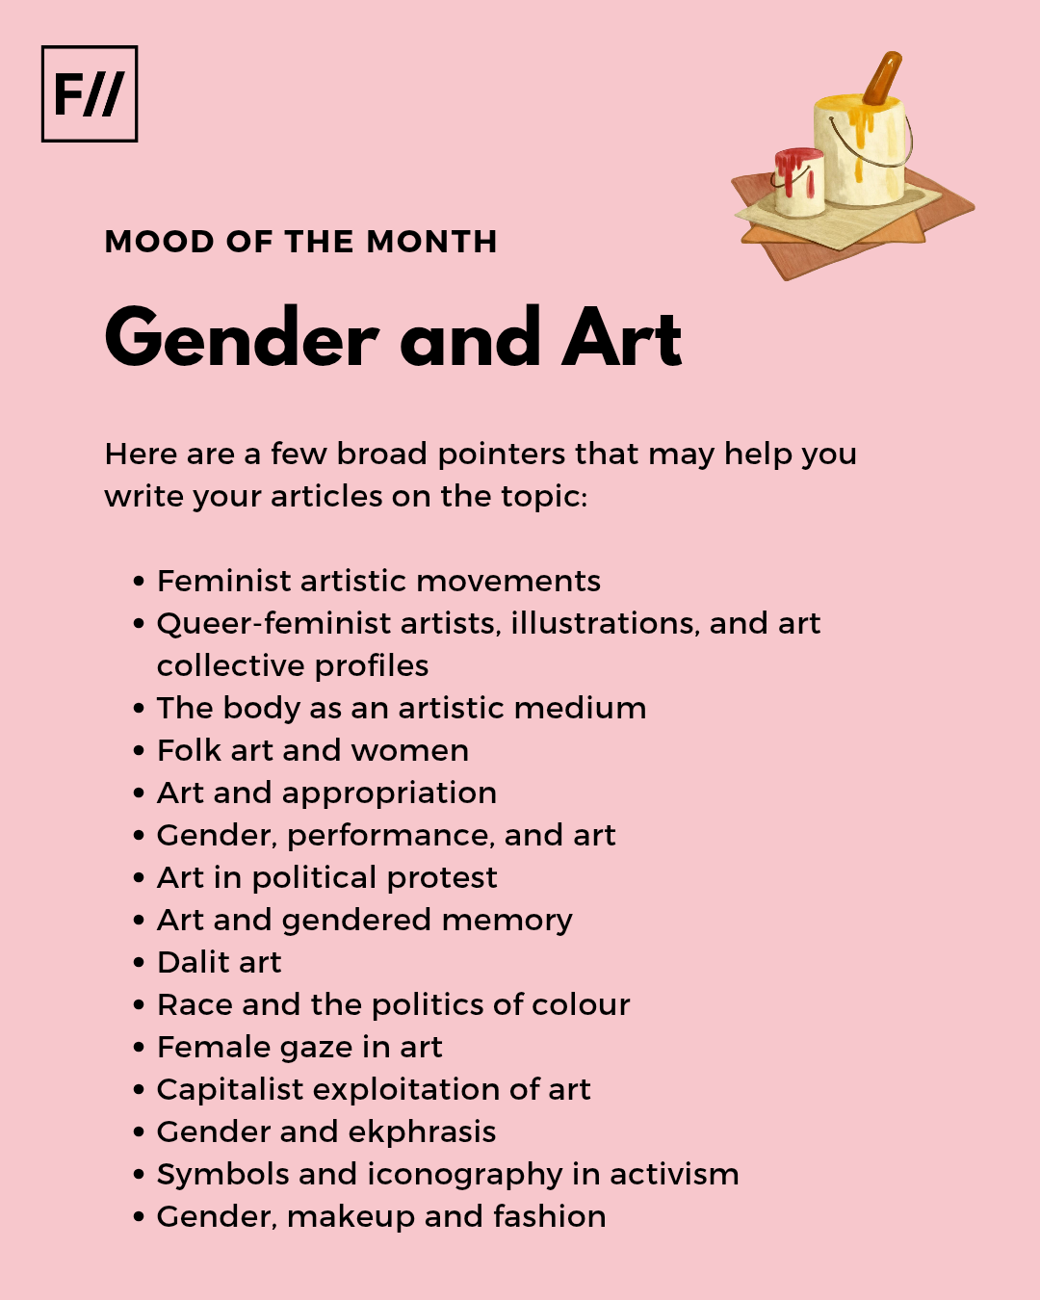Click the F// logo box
pyautogui.click(x=90, y=94)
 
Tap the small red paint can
pyautogui.click(x=799, y=182)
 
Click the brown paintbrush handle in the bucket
pyautogui.click(x=882, y=78)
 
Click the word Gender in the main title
pyautogui.click(x=242, y=339)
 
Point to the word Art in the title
pyautogui.click(x=622, y=339)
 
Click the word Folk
pyautogui.click(x=189, y=751)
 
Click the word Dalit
pyautogui.click(x=192, y=963)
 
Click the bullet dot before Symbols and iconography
pyautogui.click(x=140, y=1175)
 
